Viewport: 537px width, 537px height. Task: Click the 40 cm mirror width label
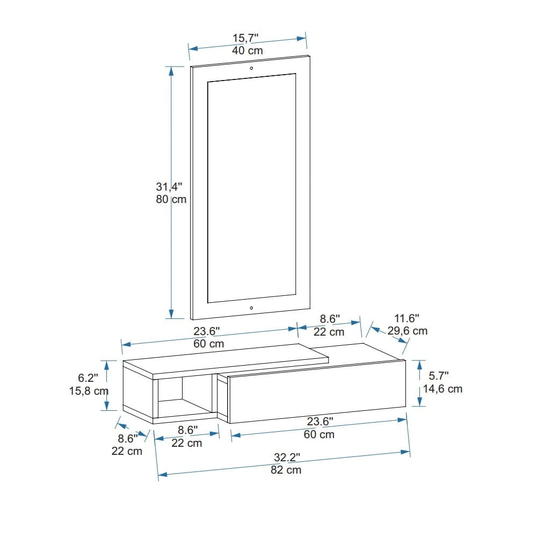pyautogui.click(x=248, y=50)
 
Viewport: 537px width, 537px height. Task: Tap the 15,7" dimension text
pyautogui.click(x=245, y=38)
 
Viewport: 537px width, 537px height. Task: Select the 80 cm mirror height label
pyautogui.click(x=171, y=199)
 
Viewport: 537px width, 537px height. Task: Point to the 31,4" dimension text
pyautogui.click(x=169, y=187)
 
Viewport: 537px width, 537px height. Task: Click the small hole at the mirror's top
pyautogui.click(x=251, y=68)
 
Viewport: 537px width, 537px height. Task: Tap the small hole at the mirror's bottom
pyautogui.click(x=251, y=308)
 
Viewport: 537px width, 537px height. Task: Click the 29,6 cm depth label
pyautogui.click(x=408, y=331)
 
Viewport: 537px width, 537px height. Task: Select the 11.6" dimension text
pyautogui.click(x=407, y=318)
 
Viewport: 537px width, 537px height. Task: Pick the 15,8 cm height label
pyautogui.click(x=89, y=391)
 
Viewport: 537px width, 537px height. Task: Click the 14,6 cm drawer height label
pyautogui.click(x=442, y=389)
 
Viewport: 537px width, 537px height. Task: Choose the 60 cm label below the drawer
pyautogui.click(x=319, y=434)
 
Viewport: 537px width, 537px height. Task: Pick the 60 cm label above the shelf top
pyautogui.click(x=209, y=344)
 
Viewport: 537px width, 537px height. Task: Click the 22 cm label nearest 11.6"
pyautogui.click(x=329, y=332)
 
